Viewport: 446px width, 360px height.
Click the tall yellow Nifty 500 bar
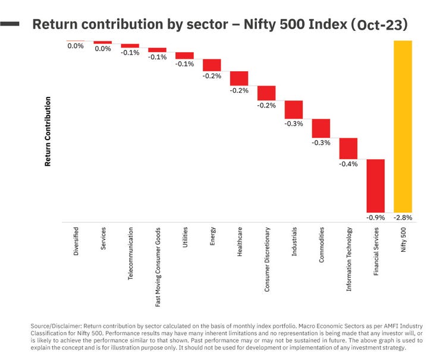(403, 126)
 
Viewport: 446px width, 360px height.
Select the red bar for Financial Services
(375, 185)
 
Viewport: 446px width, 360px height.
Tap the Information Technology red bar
(348, 148)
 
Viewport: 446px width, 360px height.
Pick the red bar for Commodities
(321, 128)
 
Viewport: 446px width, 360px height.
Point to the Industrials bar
(294, 109)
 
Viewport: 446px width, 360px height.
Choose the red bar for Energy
(212, 65)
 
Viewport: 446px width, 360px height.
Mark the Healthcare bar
(239, 78)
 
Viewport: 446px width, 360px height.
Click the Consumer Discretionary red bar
(266, 93)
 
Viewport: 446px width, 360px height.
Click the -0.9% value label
(375, 217)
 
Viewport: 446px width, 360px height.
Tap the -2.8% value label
(403, 217)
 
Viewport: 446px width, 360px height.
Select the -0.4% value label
(348, 164)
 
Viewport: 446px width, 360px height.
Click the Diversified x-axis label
(76, 241)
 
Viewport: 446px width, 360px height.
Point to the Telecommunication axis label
(131, 253)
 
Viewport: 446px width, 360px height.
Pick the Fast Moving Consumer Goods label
(158, 266)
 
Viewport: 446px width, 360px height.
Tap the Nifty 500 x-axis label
(403, 239)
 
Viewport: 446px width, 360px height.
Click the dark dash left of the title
(11, 24)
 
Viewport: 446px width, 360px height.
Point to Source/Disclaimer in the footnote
(56, 326)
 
